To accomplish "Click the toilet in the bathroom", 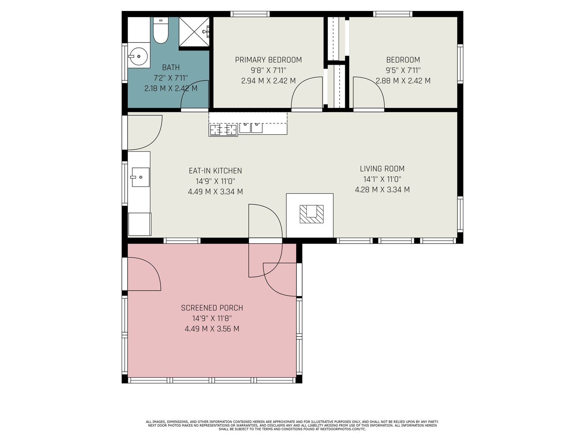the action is click(161, 30).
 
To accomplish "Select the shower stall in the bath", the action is click(194, 32).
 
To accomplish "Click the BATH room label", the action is click(171, 67).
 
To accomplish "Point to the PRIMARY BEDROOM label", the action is click(268, 60).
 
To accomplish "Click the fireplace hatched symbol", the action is click(312, 214).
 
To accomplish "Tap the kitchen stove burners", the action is click(223, 130).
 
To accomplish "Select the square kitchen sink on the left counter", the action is click(140, 177).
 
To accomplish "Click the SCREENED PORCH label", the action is click(212, 308).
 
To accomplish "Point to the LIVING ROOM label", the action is click(382, 169).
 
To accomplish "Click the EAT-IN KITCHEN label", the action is click(215, 170).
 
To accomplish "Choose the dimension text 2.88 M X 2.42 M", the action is click(403, 81).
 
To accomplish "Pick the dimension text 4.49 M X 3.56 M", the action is click(212, 329).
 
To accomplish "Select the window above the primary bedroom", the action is click(250, 14).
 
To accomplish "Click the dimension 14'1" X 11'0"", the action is click(382, 179).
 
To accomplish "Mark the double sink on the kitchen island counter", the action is click(251, 128).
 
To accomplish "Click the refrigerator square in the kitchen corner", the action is click(140, 224).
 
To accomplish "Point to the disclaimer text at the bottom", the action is click(292, 425).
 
